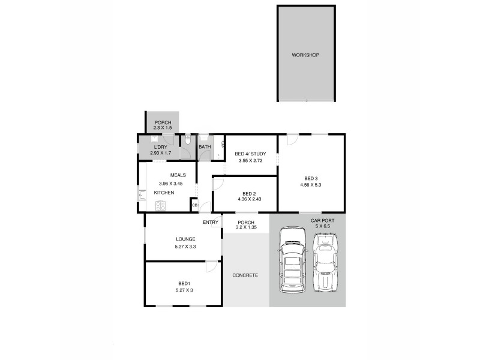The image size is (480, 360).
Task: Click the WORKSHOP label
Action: (x=305, y=55)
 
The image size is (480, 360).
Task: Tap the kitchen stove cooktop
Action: (x=161, y=206)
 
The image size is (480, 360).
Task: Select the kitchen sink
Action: (x=142, y=194)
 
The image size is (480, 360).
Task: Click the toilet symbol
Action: (x=187, y=142)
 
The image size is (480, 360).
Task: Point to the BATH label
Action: (x=205, y=147)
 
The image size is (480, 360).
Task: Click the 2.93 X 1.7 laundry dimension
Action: (x=160, y=154)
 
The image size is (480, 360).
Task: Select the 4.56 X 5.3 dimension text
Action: (x=310, y=185)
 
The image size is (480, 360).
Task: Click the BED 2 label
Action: (x=249, y=193)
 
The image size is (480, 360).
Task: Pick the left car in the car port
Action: (x=292, y=259)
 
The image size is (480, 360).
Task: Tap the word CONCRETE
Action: (x=245, y=275)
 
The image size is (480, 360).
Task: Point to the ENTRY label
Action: (x=211, y=223)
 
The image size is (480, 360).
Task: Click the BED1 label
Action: (x=184, y=283)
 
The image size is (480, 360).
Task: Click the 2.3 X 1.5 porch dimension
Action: (x=163, y=128)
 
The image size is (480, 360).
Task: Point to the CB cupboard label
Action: (x=194, y=205)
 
